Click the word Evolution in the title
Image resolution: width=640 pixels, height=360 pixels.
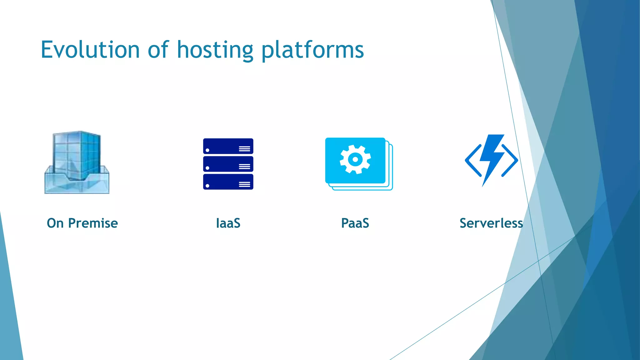[x=90, y=50]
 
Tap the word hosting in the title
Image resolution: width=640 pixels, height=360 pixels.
[x=215, y=51]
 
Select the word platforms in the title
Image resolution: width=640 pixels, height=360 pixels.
[x=312, y=51]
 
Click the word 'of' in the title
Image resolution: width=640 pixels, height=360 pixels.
[x=158, y=50]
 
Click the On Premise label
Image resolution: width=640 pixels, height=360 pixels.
[x=82, y=223]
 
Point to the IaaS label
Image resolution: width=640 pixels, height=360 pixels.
[x=228, y=223]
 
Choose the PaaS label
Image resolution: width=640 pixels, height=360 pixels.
[x=355, y=223]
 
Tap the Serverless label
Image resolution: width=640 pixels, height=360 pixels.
[x=491, y=223]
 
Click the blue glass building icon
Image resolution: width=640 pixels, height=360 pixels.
[x=77, y=162]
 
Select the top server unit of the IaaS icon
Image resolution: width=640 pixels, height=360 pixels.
[x=228, y=146]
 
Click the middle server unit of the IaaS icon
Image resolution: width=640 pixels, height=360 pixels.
[x=228, y=164]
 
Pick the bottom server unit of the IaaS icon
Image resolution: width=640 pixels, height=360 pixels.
[x=228, y=182]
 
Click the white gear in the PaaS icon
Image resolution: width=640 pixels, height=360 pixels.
[x=355, y=159]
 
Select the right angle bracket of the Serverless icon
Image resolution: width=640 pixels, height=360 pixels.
[x=511, y=160]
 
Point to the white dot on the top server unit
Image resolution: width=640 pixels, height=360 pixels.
[x=207, y=150]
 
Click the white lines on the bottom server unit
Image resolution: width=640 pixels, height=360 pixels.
[x=244, y=184]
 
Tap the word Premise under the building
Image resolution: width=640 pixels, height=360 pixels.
[x=93, y=223]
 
